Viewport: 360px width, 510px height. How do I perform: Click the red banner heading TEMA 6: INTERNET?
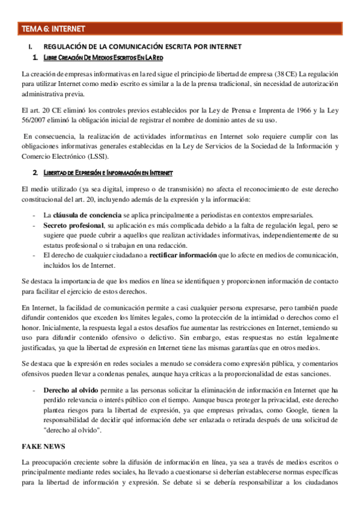53,28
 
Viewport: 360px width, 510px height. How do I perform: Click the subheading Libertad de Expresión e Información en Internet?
109,173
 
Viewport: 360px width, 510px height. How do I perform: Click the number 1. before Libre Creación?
37,57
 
